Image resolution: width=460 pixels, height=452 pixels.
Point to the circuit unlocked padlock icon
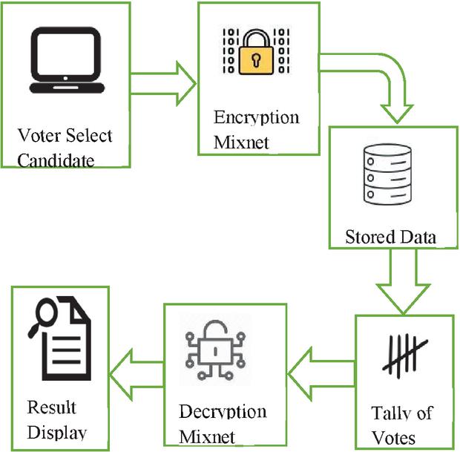click(x=214, y=349)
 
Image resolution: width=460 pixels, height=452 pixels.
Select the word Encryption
click(x=256, y=117)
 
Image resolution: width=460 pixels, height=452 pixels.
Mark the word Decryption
click(x=223, y=412)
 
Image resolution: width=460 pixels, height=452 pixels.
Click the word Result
click(x=51, y=407)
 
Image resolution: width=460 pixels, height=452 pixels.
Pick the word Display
click(x=56, y=432)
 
